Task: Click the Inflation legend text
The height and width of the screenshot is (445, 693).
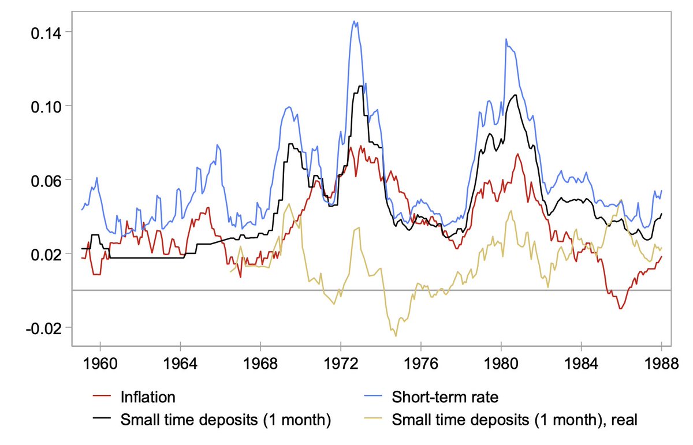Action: (147, 397)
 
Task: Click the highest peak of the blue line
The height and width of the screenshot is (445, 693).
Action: (355, 21)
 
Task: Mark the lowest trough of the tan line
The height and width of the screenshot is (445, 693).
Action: (396, 336)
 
